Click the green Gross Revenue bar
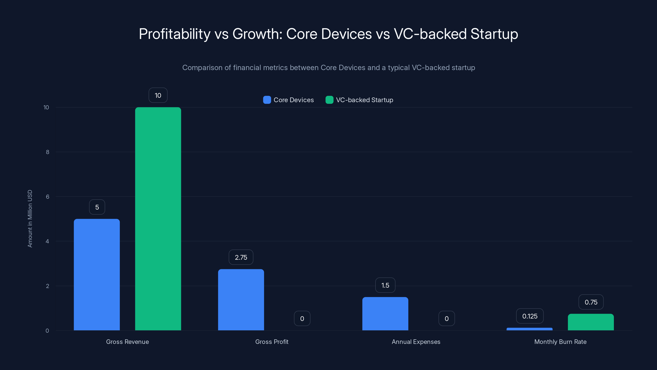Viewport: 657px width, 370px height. (x=158, y=219)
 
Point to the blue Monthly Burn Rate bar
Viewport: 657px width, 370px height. (x=530, y=329)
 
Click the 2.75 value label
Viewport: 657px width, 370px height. (x=241, y=257)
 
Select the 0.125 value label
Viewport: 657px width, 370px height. (x=530, y=316)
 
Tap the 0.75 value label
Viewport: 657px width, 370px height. (x=591, y=302)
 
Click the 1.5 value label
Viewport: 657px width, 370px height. (x=385, y=285)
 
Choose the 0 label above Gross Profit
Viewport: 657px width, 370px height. (x=302, y=318)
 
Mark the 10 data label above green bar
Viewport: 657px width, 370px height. (x=158, y=95)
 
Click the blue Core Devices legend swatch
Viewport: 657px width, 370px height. (x=267, y=100)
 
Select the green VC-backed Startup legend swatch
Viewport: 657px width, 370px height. (x=329, y=100)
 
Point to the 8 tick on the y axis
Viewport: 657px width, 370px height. (x=47, y=152)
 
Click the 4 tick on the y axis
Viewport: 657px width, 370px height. (x=47, y=241)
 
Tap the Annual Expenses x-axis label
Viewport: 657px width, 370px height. (x=416, y=342)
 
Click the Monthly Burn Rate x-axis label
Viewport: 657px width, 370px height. (x=560, y=342)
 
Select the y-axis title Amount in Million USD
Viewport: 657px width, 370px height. (x=30, y=219)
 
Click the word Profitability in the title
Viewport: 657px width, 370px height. (x=175, y=34)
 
